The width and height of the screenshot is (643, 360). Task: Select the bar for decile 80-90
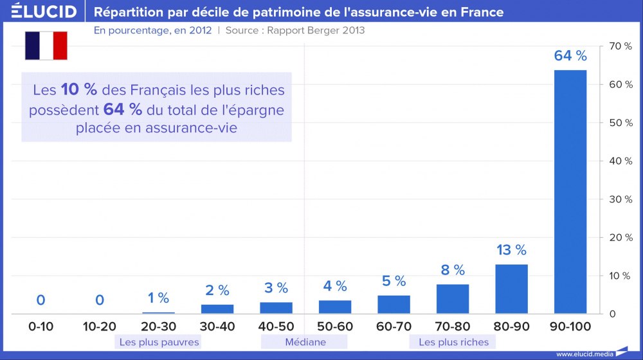(512, 289)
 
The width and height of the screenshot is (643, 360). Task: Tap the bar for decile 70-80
(453, 298)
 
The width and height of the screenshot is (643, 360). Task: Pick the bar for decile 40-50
(276, 307)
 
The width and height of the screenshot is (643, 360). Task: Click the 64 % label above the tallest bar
(570, 57)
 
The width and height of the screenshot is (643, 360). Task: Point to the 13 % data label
(512, 250)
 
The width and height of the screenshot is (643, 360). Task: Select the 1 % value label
(158, 298)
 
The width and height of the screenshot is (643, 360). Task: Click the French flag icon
(46, 45)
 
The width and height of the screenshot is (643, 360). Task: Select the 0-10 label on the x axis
(41, 327)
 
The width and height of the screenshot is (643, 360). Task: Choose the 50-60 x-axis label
(335, 327)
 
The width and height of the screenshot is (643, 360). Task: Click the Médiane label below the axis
(305, 342)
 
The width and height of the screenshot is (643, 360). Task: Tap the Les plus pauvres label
(159, 342)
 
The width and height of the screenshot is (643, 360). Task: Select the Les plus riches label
(453, 342)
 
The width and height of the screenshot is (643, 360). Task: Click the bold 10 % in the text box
(80, 90)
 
